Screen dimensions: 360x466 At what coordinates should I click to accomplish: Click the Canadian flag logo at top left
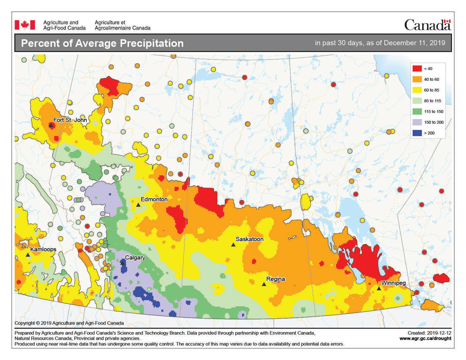[x=25, y=25]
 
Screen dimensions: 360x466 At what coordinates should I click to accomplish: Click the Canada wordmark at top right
[x=427, y=25]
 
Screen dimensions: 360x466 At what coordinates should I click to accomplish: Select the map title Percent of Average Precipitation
[x=103, y=44]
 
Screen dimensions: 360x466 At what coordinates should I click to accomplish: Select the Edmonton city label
[x=154, y=199]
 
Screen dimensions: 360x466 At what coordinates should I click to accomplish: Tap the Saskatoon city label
[x=249, y=239]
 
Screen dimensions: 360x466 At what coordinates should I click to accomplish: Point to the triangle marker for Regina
[x=263, y=284]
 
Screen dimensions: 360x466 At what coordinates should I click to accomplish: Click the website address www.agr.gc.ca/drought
[x=425, y=339]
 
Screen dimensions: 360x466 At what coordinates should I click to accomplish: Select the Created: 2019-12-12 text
[x=429, y=333]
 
